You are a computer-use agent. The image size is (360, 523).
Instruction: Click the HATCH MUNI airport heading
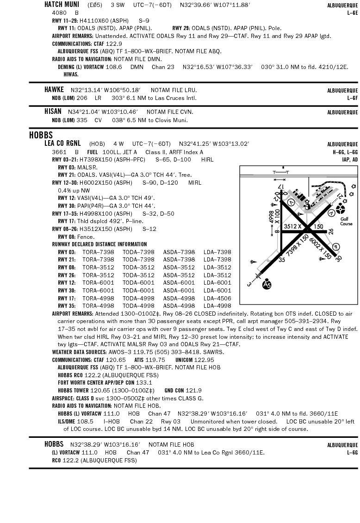[x=61, y=5]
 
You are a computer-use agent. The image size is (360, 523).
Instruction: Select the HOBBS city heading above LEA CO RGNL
[x=41, y=136]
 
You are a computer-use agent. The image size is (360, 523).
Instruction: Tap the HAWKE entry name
[x=54, y=90]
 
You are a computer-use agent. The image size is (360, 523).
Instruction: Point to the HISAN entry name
[x=53, y=112]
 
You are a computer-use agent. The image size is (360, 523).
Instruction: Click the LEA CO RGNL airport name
[x=62, y=143]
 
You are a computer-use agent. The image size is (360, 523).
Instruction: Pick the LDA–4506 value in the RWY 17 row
[x=217, y=299]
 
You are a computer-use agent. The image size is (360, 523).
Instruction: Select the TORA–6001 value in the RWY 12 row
[x=98, y=283]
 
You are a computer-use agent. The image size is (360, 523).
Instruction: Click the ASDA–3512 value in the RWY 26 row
[x=179, y=275]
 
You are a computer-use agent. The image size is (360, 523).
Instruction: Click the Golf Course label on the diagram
[x=346, y=221]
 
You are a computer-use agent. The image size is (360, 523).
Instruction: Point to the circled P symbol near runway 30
[x=336, y=247]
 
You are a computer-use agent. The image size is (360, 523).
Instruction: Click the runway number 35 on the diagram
[x=281, y=260]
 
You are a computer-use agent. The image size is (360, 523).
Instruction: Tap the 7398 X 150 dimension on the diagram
[x=297, y=246]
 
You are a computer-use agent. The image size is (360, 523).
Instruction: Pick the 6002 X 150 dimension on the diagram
[x=321, y=249]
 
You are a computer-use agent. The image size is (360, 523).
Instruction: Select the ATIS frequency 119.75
[x=155, y=360]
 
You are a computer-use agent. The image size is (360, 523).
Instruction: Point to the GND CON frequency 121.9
[x=194, y=391]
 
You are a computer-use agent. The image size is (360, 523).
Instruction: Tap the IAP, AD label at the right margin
[x=349, y=160]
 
